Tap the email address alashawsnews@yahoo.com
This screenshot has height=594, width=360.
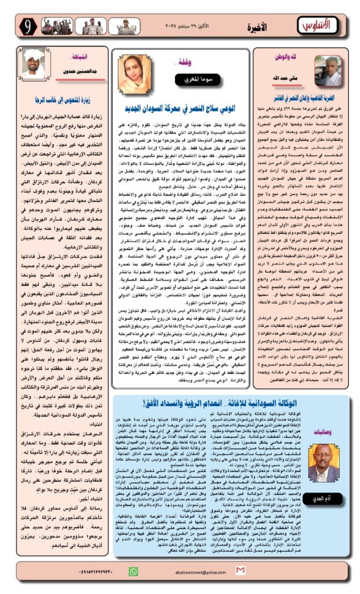coord(191,585)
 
